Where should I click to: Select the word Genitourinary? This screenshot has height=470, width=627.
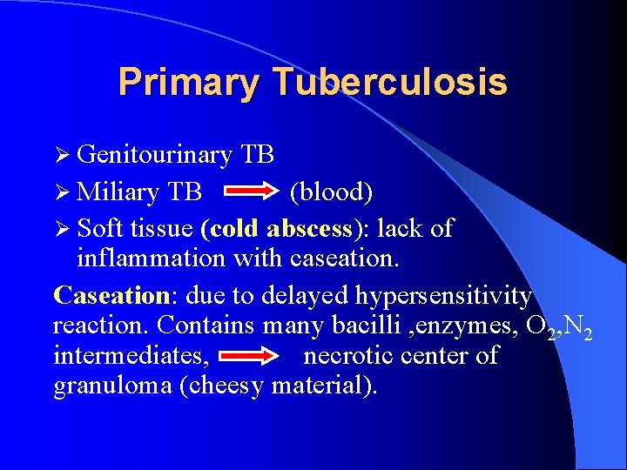(x=154, y=155)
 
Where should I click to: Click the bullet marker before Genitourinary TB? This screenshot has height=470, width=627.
(x=62, y=155)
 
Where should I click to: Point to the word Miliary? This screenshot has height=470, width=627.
(x=118, y=191)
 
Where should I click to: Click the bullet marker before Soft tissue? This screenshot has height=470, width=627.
(x=62, y=228)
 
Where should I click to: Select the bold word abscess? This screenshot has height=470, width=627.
(x=309, y=228)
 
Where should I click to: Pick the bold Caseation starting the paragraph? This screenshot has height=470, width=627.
(x=110, y=295)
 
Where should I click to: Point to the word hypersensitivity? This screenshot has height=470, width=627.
(x=443, y=296)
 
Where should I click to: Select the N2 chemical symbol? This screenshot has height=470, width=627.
(x=580, y=327)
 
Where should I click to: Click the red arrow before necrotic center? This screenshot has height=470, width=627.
(x=250, y=355)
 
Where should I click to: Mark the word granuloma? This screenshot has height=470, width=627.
(x=112, y=385)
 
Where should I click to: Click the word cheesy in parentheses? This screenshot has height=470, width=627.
(x=225, y=385)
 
